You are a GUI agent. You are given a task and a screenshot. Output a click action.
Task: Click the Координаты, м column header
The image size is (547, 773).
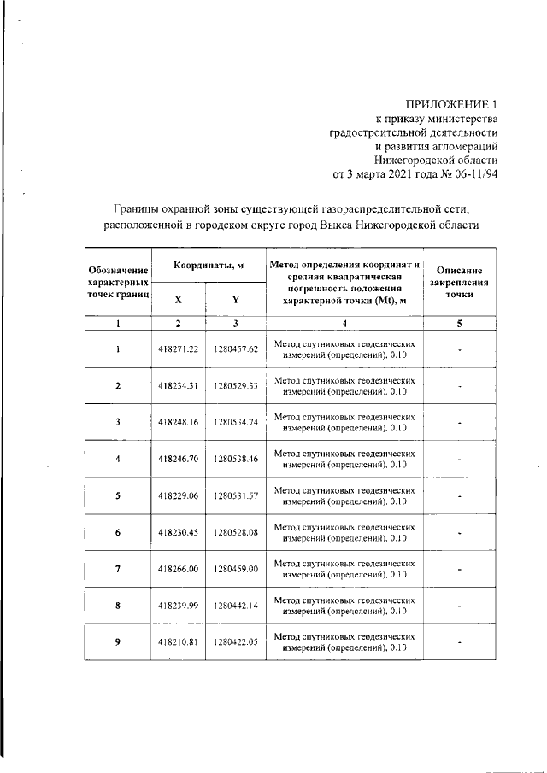(x=209, y=266)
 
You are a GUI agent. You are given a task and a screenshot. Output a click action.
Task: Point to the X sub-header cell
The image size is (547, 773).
(x=178, y=299)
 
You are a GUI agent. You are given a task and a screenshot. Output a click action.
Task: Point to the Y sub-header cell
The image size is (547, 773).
(x=235, y=299)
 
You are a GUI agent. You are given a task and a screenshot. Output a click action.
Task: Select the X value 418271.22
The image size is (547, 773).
(x=178, y=348)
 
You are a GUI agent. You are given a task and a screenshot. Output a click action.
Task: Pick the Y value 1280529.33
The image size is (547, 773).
(x=236, y=385)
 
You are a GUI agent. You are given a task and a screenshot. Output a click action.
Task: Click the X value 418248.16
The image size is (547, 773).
(x=178, y=422)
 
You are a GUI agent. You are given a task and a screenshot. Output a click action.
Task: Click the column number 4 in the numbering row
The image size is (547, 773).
(x=344, y=324)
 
